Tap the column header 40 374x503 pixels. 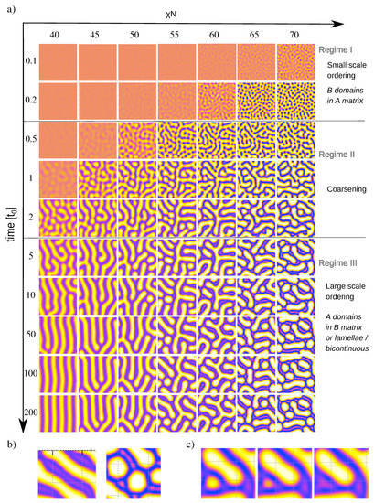tap(57, 35)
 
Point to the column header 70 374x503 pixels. tap(294, 35)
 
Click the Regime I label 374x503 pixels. tap(339, 48)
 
